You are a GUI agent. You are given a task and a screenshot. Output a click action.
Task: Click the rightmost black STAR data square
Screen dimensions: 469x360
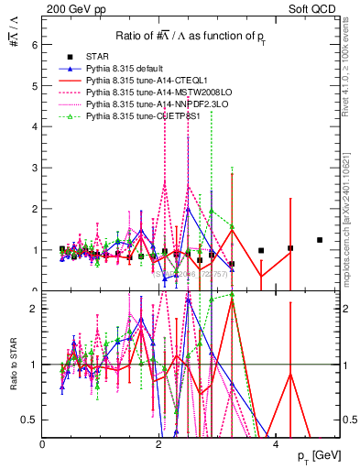pos(320,240)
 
